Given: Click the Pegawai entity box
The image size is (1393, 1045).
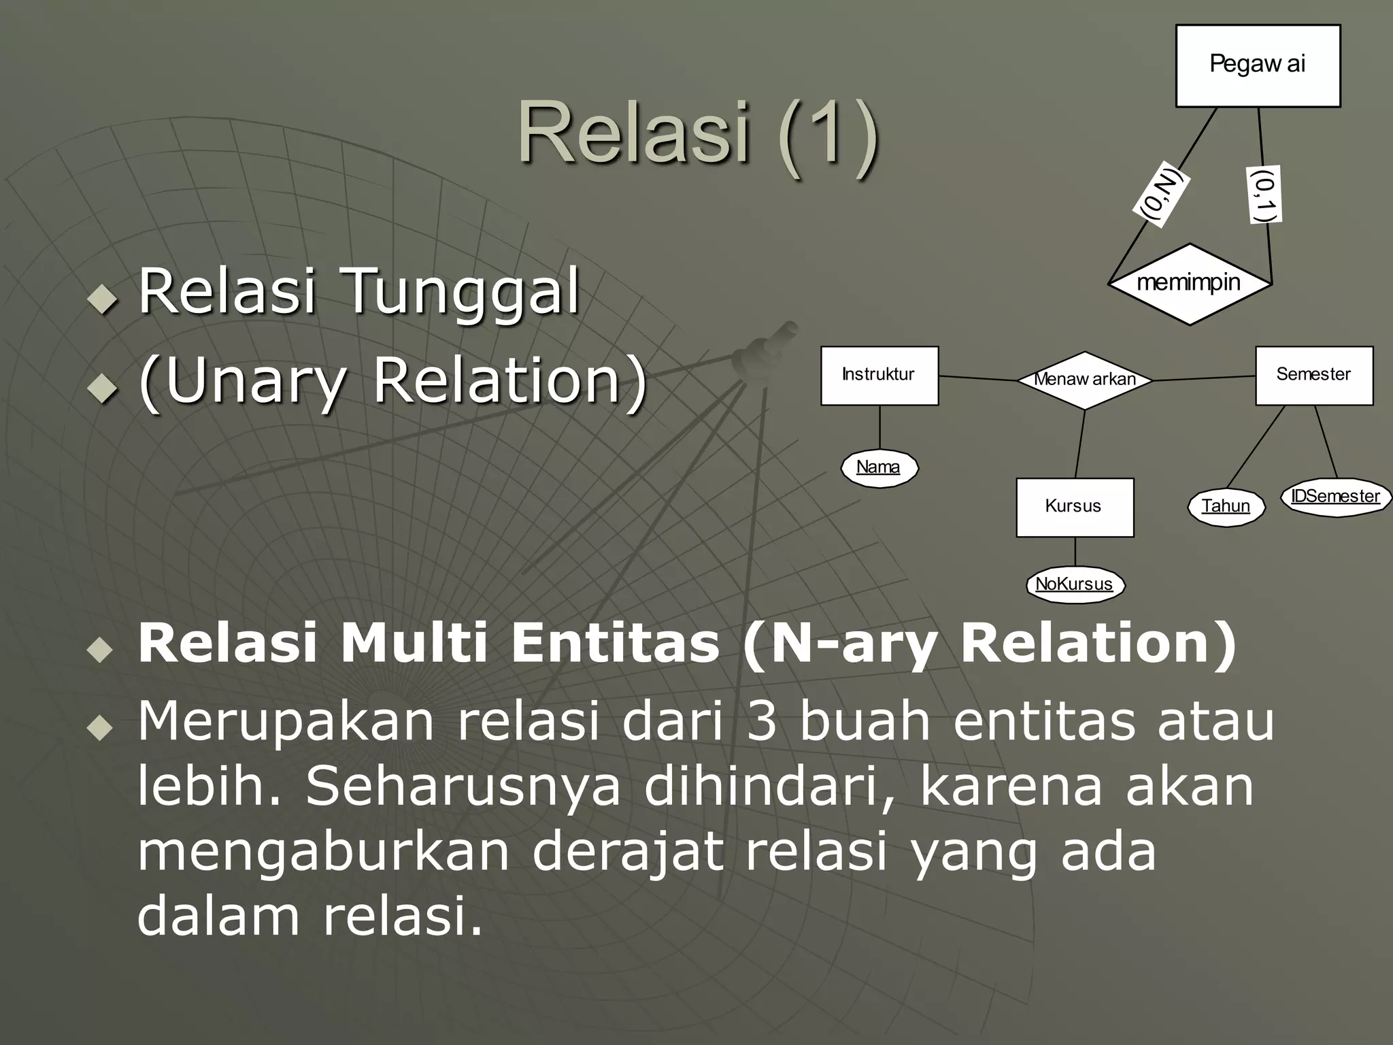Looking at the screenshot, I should (x=1258, y=65).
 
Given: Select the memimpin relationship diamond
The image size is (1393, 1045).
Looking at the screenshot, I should (x=1189, y=283).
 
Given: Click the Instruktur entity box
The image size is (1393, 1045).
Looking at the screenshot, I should (x=879, y=376).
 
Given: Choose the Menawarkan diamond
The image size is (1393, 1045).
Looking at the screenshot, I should (x=1084, y=380).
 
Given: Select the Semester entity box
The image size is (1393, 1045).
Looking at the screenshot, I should (x=1313, y=376).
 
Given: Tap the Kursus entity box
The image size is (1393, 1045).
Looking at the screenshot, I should (x=1074, y=507).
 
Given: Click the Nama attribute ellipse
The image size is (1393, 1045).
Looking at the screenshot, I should (x=878, y=467).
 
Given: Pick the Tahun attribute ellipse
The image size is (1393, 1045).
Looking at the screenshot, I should (x=1226, y=506).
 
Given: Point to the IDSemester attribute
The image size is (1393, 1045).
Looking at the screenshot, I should (x=1335, y=497).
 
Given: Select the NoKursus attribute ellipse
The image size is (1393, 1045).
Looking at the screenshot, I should (x=1074, y=584).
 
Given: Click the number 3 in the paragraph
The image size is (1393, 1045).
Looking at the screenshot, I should (x=761, y=721).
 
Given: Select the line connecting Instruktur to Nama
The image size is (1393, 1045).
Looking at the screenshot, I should (x=879, y=428).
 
